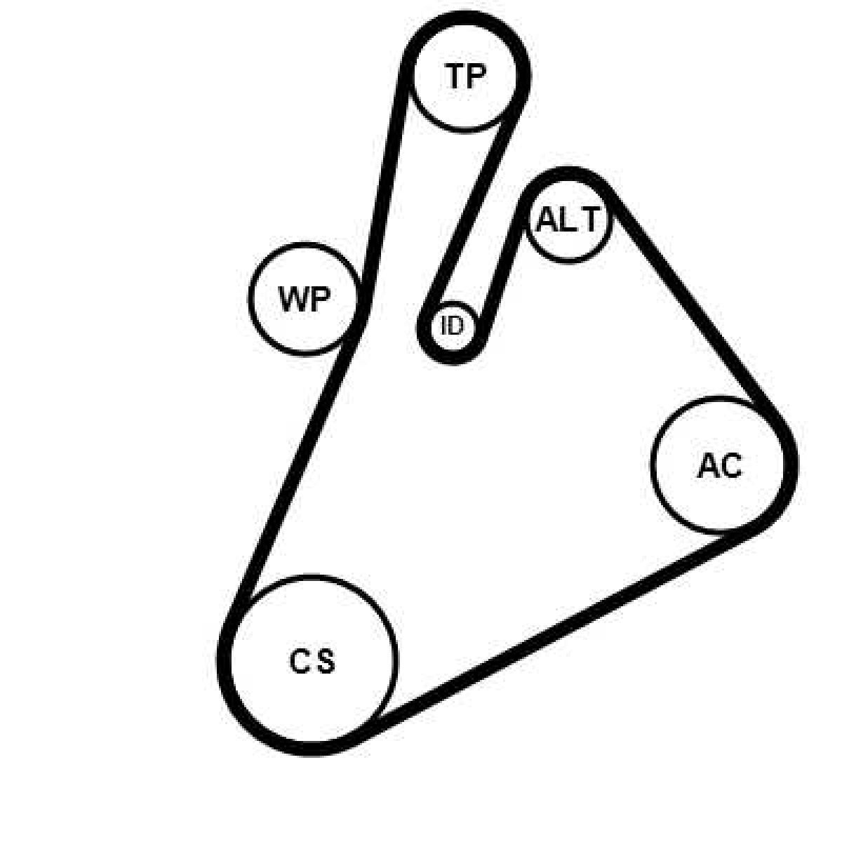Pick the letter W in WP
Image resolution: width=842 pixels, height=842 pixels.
[x=293, y=300]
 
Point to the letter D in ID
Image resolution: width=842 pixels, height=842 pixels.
[x=457, y=326]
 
